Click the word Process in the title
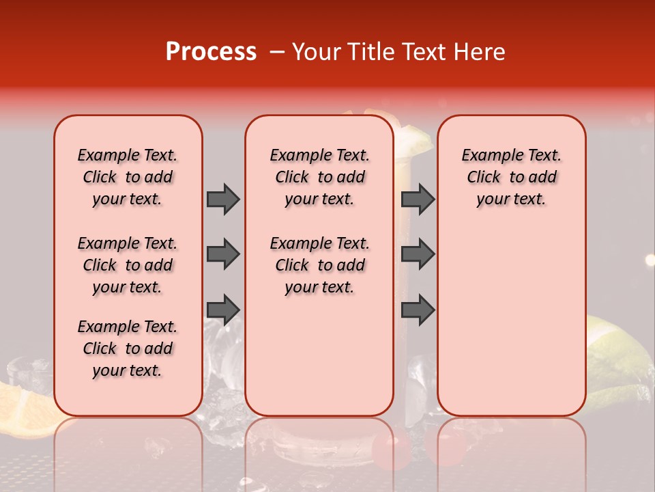click(211, 52)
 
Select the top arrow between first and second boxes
click(223, 199)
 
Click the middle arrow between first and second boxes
click(223, 254)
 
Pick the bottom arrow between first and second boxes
click(223, 310)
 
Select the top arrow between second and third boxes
click(418, 199)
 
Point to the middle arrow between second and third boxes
click(418, 254)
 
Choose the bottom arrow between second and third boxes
click(418, 310)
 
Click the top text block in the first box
click(128, 177)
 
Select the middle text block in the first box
click(128, 265)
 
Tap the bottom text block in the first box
click(128, 348)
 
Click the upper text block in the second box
click(319, 177)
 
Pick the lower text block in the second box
click(319, 265)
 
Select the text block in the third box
click(511, 177)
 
